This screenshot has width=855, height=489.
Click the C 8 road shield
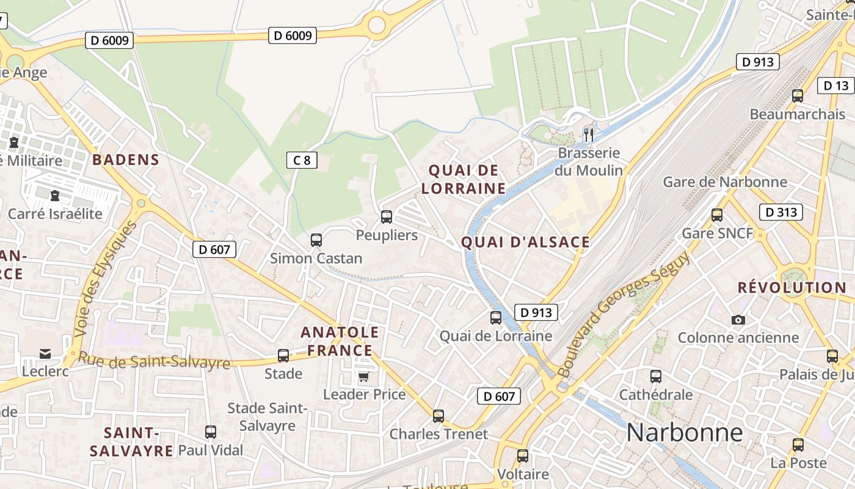[x=302, y=160]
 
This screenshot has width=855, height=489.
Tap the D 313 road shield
[x=780, y=212]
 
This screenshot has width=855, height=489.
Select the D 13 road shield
[x=835, y=86]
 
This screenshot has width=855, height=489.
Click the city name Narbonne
[x=685, y=433]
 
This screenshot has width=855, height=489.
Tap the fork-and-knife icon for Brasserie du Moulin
[x=589, y=134]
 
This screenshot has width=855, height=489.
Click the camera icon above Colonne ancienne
[x=738, y=320]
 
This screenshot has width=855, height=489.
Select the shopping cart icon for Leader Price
[x=364, y=377]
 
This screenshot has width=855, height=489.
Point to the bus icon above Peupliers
[x=387, y=216]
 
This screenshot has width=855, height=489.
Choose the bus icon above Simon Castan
[x=316, y=240]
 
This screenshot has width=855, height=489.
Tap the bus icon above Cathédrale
[x=656, y=377]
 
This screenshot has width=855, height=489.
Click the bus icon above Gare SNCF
[x=717, y=215]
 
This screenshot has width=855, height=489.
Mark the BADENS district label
[x=126, y=160]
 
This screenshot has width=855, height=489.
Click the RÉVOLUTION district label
[x=791, y=287]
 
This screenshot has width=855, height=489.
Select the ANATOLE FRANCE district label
[x=340, y=341]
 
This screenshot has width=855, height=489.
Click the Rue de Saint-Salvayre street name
[x=155, y=361]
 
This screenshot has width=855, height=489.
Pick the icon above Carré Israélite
[x=55, y=196]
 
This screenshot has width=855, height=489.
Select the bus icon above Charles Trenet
[x=438, y=416]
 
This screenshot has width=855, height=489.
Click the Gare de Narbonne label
[x=725, y=182]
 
